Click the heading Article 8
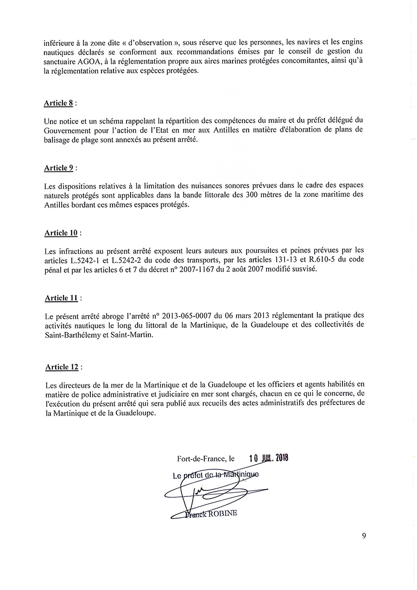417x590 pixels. coord(59,103)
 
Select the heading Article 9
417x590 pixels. coord(59,168)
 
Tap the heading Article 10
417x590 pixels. coord(61,233)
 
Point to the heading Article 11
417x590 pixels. coord(61,298)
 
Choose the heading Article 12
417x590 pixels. coord(62,367)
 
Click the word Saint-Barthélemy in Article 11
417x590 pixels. coord(74,336)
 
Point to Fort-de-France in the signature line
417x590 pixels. coord(202,459)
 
